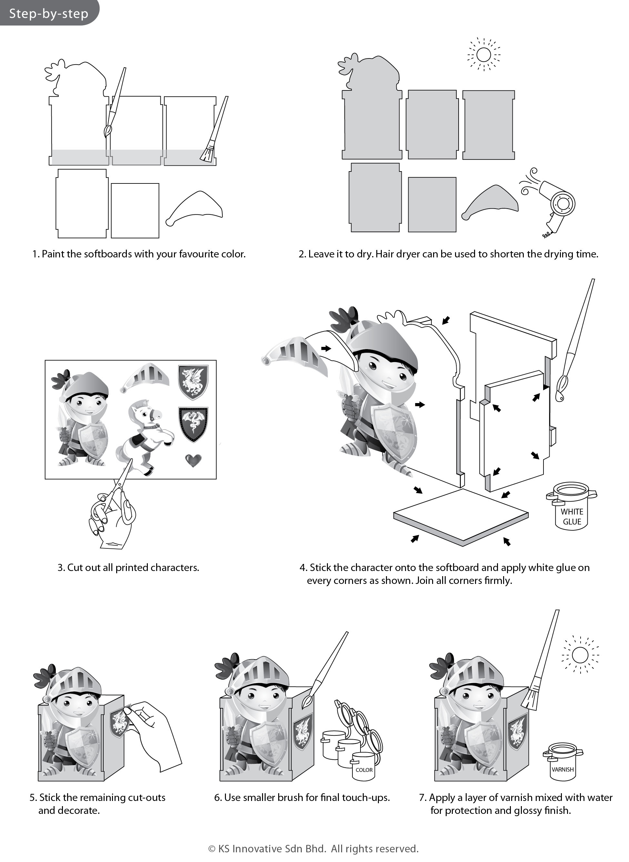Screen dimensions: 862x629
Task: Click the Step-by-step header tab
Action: tap(48, 13)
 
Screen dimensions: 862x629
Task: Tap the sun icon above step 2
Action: tap(483, 55)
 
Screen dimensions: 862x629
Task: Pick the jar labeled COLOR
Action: tap(364, 766)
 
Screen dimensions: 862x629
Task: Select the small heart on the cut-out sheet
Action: tap(193, 460)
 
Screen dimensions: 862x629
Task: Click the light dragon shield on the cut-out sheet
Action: tap(193, 382)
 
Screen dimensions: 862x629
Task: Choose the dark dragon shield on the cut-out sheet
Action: tap(193, 424)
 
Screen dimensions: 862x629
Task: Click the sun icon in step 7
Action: tap(580, 655)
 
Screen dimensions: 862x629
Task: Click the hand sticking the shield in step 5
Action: tap(156, 732)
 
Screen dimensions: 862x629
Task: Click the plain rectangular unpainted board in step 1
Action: tap(135, 210)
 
